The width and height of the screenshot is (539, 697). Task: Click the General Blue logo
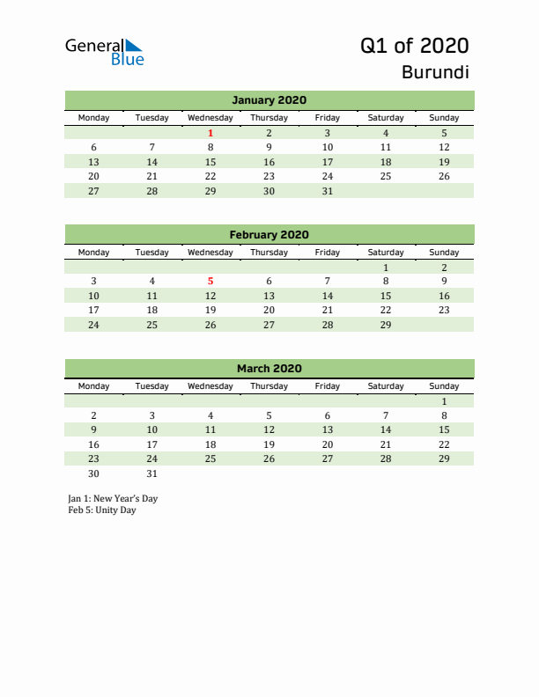[x=104, y=51]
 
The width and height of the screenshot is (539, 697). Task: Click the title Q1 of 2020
[x=414, y=46]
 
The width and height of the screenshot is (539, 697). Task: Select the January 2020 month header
[x=269, y=100]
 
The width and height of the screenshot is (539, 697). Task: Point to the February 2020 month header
[x=269, y=235]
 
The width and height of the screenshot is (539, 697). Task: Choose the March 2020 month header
[x=269, y=369]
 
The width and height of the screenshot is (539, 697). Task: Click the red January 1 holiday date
[x=210, y=133]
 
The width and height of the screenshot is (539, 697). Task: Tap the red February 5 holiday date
[x=210, y=282]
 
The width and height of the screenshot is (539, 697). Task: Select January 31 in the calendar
[x=327, y=191]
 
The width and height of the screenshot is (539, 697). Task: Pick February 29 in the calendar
[x=385, y=325]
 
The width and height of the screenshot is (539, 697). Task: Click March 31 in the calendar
[x=152, y=473]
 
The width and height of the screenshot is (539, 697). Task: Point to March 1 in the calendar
[x=444, y=401]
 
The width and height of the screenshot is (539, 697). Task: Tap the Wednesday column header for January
[x=210, y=118]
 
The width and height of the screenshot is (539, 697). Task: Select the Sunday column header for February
[x=444, y=252]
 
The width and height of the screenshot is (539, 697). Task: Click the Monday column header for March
[x=94, y=386]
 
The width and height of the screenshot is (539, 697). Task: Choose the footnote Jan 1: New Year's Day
[x=113, y=498]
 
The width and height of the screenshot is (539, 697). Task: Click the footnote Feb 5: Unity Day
[x=102, y=510]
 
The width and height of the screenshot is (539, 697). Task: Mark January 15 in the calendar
[x=210, y=162]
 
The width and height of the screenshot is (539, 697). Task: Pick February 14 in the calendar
[x=327, y=296]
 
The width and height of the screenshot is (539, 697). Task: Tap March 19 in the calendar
[x=269, y=444]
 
